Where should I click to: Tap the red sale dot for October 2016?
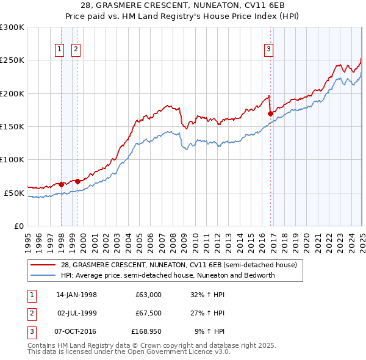tap(270, 113)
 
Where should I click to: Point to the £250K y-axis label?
tap(12, 60)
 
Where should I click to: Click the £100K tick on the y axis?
tap(12, 160)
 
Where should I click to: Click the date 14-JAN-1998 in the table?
tap(76, 295)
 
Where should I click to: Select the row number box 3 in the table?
tap(32, 331)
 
